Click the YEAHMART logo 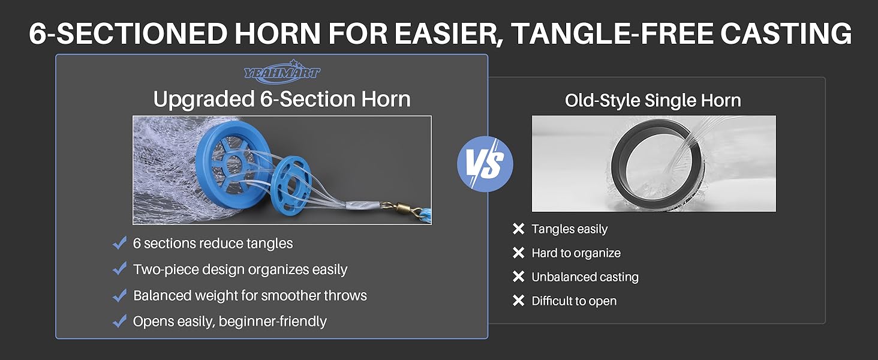click(x=282, y=72)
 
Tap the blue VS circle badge click(x=485, y=164)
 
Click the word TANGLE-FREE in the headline click(x=613, y=34)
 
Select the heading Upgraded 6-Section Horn click(x=282, y=99)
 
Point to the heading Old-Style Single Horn click(x=653, y=100)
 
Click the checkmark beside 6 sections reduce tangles click(x=119, y=243)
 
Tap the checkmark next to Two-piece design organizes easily click(x=119, y=269)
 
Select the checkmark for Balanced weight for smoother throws click(x=119, y=295)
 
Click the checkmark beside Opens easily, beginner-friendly click(x=119, y=321)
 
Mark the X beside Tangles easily click(x=518, y=229)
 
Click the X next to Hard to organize click(x=518, y=253)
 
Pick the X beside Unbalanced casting click(x=518, y=277)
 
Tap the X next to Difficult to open click(x=518, y=301)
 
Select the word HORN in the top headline click(x=278, y=34)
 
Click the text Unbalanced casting click(x=585, y=277)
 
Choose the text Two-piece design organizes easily click(x=240, y=270)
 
